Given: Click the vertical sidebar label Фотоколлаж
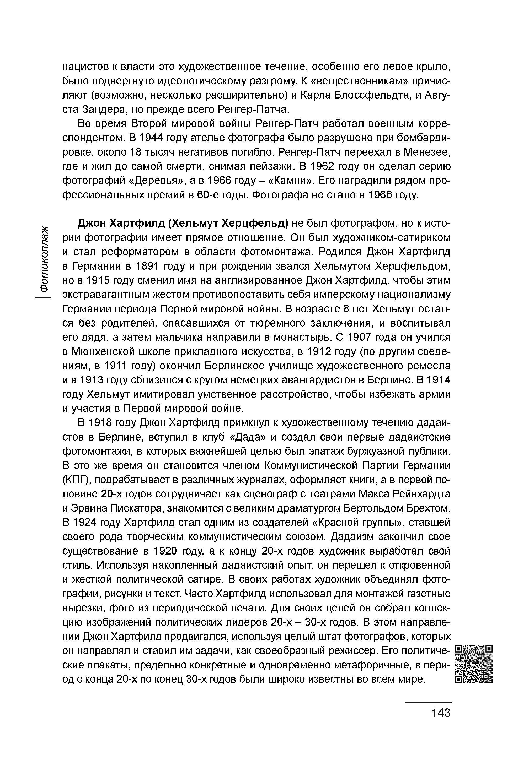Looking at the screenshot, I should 44,258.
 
